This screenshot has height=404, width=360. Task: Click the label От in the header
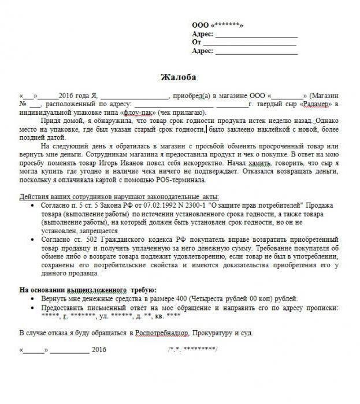(x=196, y=42)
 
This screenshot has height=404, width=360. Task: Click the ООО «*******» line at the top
(x=217, y=25)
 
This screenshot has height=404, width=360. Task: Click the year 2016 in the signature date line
(x=99, y=350)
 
